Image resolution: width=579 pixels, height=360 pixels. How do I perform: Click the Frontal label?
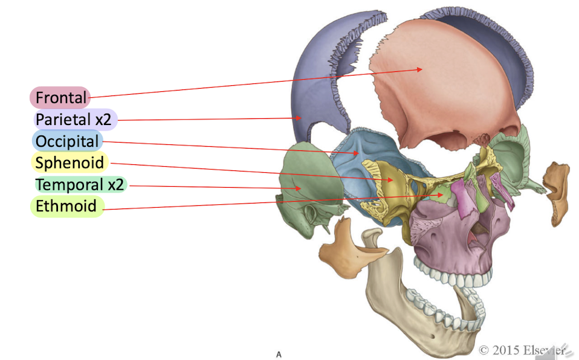coord(60,97)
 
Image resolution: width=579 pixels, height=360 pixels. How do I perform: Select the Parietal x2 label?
coord(73,119)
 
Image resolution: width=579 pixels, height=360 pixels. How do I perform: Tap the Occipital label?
coord(66,141)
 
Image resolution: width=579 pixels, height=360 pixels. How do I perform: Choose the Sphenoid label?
coord(69,162)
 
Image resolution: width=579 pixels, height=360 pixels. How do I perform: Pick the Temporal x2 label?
coord(79,184)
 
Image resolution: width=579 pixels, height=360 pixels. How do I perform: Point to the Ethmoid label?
coord(65,206)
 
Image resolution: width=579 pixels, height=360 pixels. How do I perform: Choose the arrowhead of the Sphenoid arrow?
coord(392,179)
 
